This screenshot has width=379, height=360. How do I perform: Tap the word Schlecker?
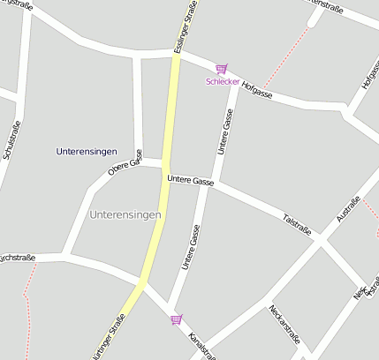click(222, 81)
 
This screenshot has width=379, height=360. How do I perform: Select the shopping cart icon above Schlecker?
click(221, 69)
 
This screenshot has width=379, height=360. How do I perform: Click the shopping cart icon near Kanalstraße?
click(177, 319)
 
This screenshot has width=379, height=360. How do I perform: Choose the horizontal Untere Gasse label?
click(190, 181)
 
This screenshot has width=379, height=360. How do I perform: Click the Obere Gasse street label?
click(125, 162)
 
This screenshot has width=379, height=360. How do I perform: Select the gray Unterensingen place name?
click(125, 214)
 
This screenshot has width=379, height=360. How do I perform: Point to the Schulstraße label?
click(11, 139)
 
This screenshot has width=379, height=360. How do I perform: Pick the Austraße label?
click(350, 209)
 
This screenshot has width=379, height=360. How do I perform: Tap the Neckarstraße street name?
click(286, 321)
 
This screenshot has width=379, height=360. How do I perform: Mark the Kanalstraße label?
click(202, 344)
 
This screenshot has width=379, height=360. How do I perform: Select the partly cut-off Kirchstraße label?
click(16, 259)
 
